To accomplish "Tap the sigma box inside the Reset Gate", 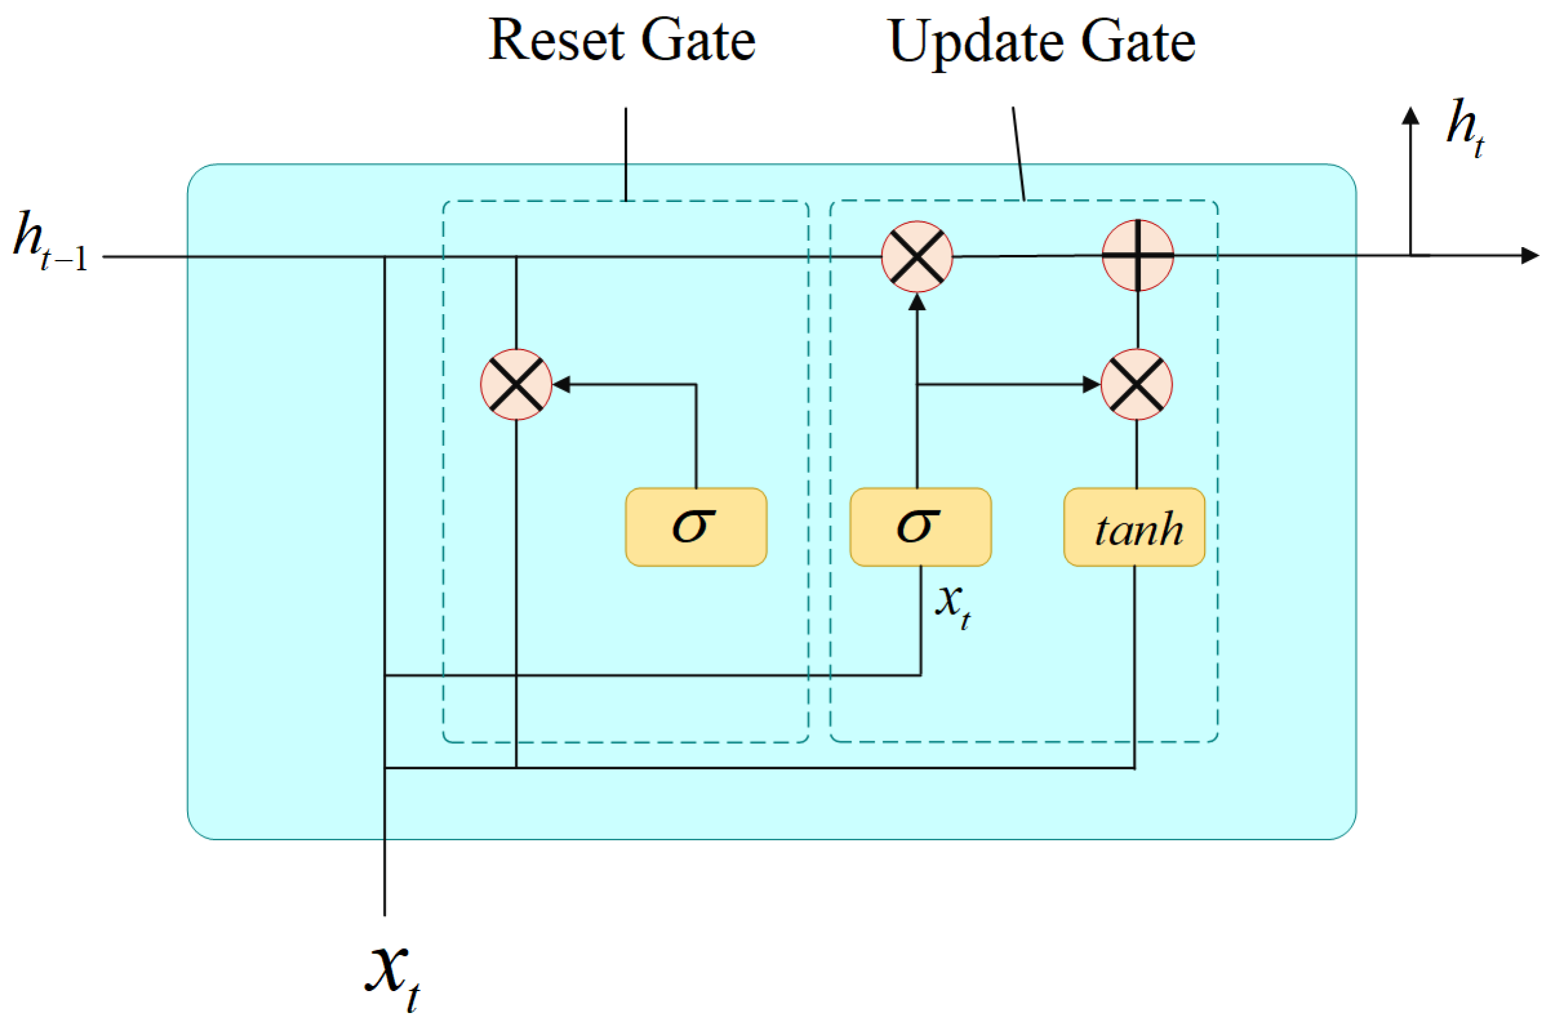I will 696,527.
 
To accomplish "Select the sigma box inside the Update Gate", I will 920,527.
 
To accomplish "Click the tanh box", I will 1134,527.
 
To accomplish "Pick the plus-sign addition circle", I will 1137,256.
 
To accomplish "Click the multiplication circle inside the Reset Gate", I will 516,384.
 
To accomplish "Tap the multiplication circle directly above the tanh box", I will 1137,384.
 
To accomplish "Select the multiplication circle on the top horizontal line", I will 917,256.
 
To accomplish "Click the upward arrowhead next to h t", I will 1410,116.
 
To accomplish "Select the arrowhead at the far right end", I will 1529,256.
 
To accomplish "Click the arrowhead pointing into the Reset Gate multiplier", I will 562,384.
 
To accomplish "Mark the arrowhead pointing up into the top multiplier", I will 917,303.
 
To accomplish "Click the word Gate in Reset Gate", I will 698,41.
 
